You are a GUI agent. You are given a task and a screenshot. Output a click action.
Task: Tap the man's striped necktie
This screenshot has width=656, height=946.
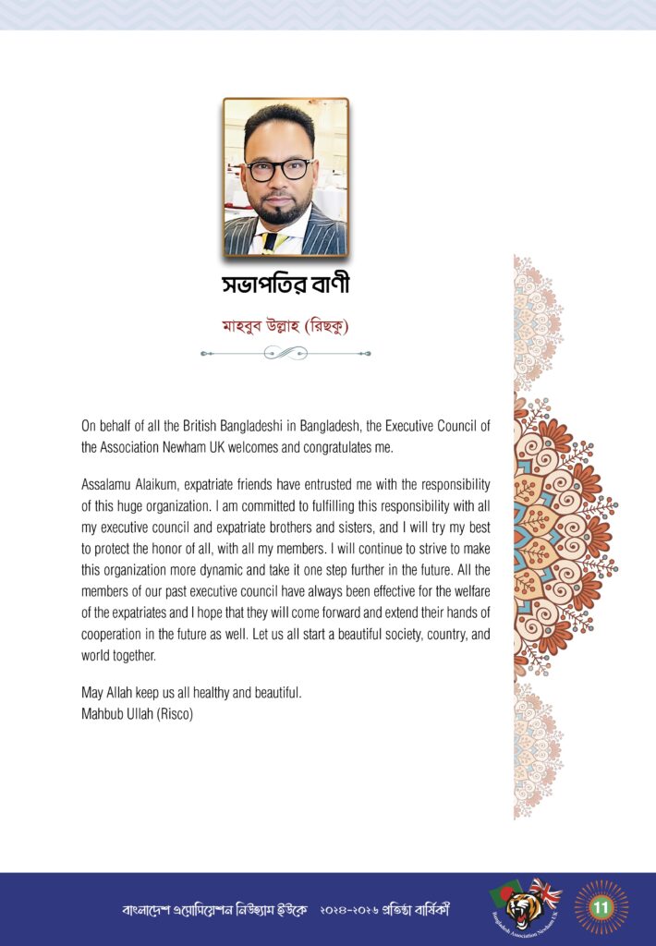(x=268, y=242)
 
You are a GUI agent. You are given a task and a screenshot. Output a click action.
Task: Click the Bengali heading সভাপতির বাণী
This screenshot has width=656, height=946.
(x=285, y=285)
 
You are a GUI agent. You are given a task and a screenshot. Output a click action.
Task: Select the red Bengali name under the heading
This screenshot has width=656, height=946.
(x=285, y=325)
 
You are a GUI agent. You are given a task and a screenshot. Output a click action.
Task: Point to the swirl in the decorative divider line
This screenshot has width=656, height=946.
(x=285, y=353)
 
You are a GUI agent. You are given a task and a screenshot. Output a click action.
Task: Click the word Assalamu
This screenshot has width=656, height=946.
(x=108, y=484)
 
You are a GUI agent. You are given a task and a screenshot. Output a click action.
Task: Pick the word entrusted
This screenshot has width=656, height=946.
(x=313, y=484)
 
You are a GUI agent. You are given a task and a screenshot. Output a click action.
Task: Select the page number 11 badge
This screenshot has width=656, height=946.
(x=601, y=907)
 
